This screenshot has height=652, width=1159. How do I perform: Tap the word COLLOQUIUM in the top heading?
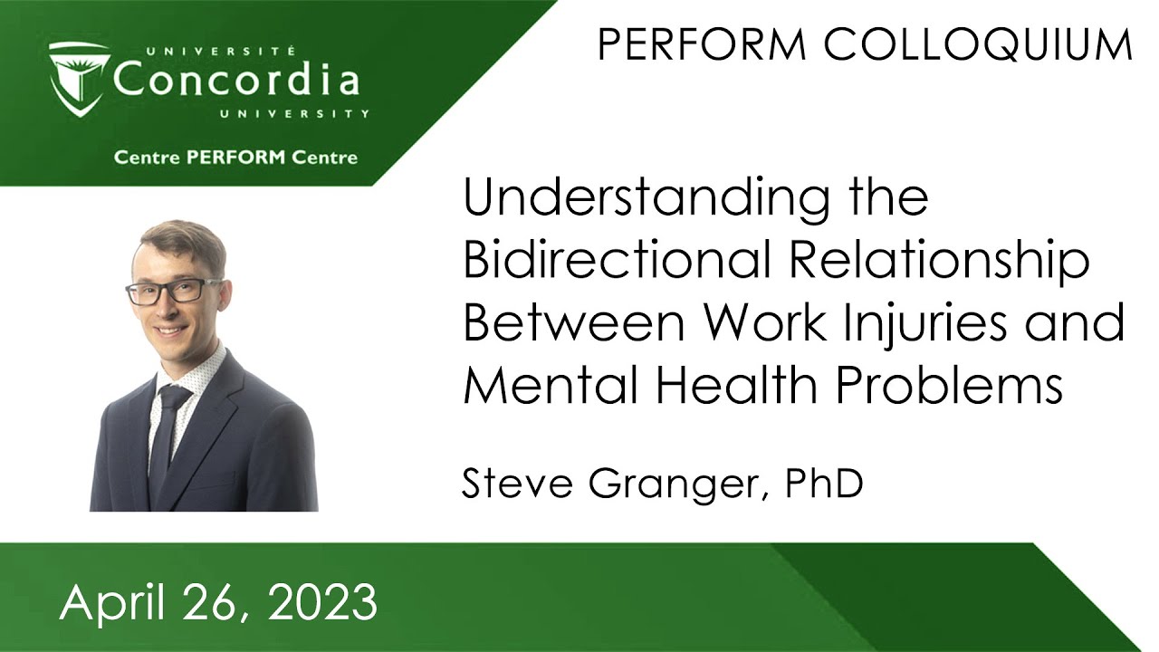click(978, 45)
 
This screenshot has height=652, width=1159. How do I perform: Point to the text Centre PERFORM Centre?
click(235, 158)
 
